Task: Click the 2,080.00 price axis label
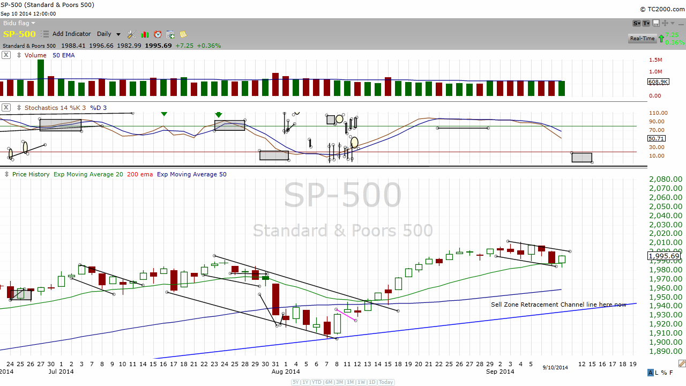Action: tap(665, 180)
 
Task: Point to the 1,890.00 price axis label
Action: tap(665, 351)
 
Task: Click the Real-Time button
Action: tap(642, 39)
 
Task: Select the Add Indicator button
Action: tap(71, 34)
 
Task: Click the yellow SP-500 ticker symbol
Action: tap(19, 34)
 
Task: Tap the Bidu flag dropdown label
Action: tap(19, 23)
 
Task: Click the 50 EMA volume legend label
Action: tap(64, 55)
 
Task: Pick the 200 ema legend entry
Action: tap(140, 174)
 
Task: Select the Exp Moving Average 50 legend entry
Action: tap(191, 174)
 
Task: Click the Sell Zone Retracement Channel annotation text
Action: tap(558, 305)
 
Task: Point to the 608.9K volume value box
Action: tap(658, 82)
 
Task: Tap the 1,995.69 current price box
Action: tap(665, 256)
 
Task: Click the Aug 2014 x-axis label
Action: tap(286, 371)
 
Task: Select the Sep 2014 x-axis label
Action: tap(499, 371)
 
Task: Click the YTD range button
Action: tap(317, 382)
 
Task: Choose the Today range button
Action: tap(386, 382)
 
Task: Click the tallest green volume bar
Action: tap(40, 77)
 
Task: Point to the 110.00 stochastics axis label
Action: tap(658, 113)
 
